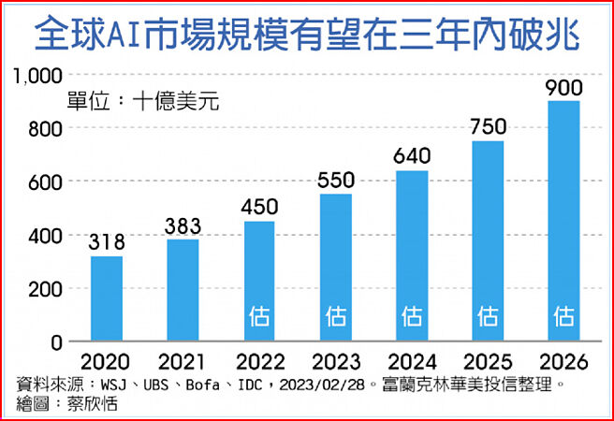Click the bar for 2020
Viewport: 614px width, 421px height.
click(x=107, y=298)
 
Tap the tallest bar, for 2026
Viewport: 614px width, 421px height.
click(x=563, y=221)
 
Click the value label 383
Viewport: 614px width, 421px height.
click(x=183, y=226)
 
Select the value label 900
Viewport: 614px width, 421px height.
click(x=563, y=88)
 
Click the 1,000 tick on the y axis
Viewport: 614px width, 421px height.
click(x=36, y=76)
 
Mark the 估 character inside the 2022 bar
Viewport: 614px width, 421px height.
click(x=259, y=316)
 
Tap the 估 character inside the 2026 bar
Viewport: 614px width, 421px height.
click(x=563, y=316)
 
